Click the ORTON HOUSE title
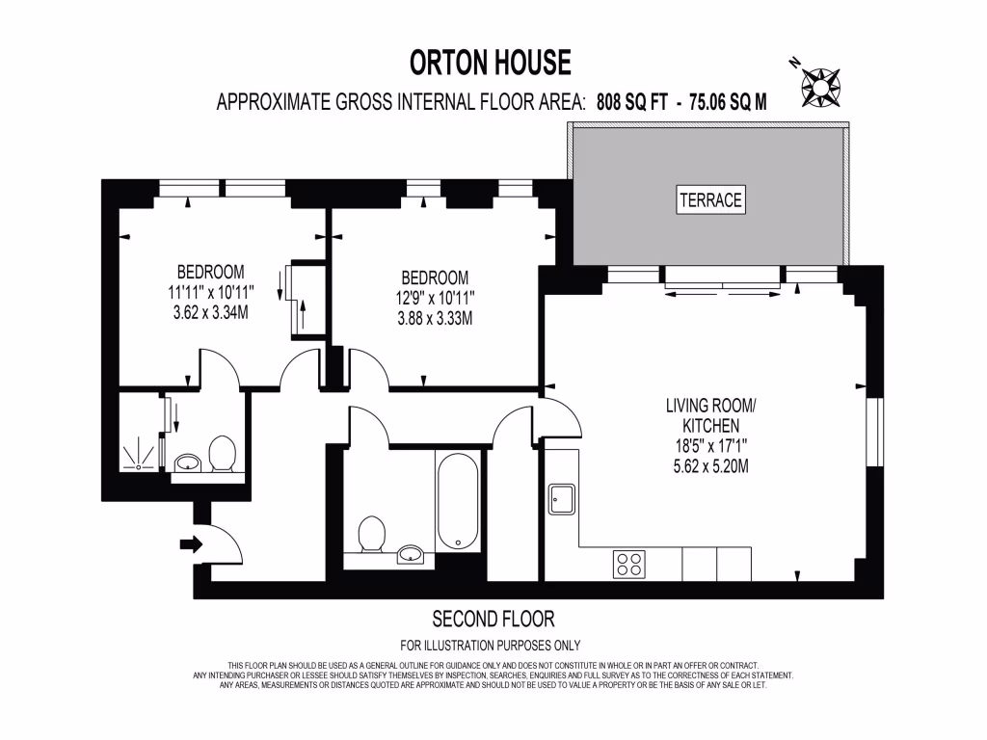(491, 64)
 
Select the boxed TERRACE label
(710, 200)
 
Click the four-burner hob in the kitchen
(629, 564)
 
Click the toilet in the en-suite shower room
(223, 454)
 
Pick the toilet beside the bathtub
(371, 535)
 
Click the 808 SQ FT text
(632, 102)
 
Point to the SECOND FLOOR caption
(493, 619)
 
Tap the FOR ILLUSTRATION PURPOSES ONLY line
(491, 646)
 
